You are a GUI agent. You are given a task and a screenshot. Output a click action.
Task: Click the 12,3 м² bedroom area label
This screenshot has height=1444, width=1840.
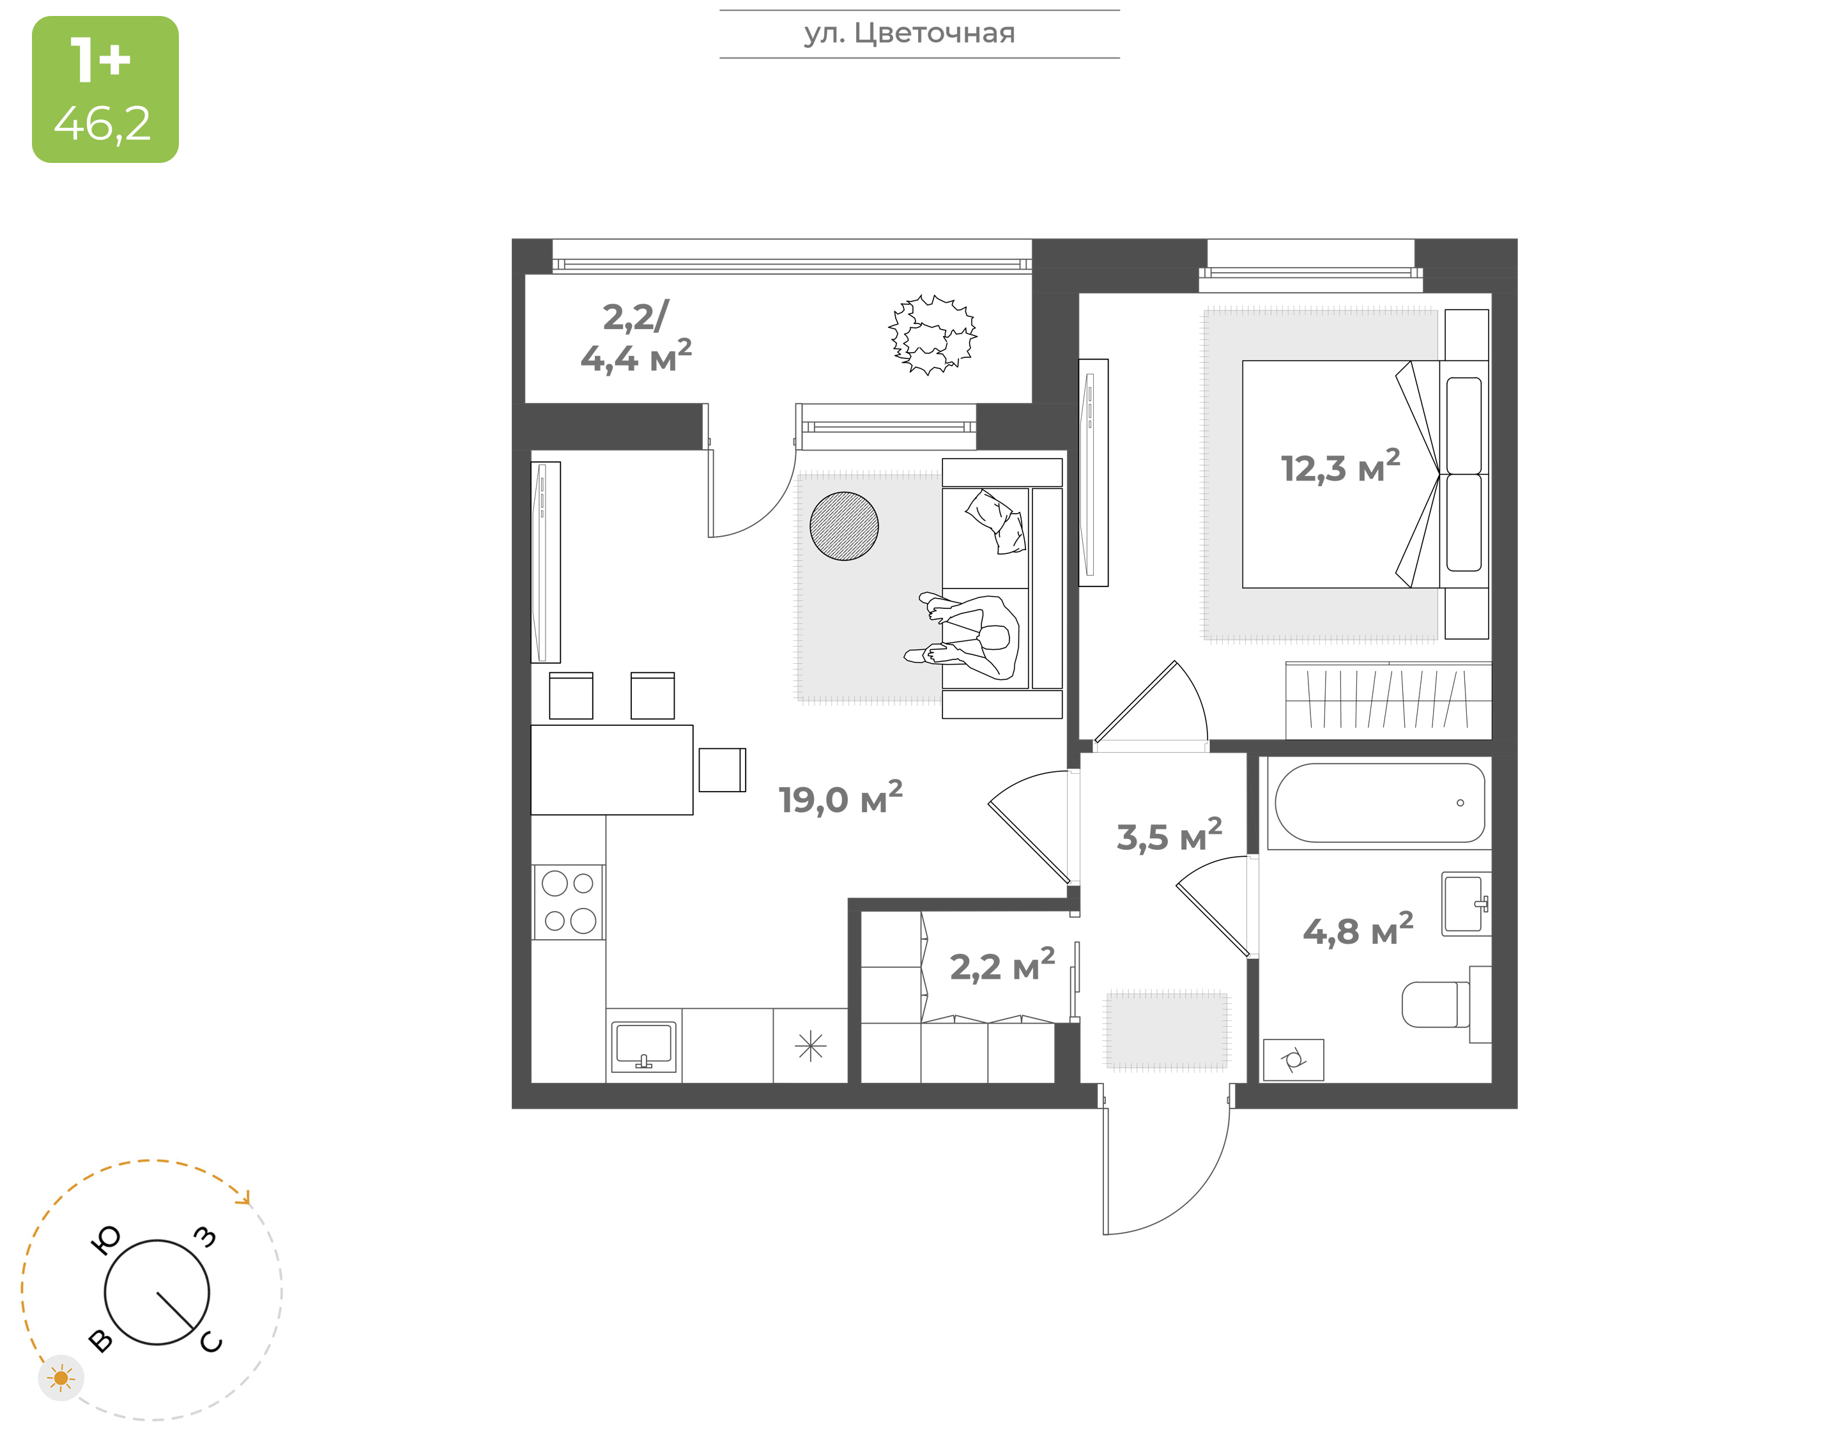(x=1340, y=466)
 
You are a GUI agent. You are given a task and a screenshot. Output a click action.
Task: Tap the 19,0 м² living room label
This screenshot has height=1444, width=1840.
(x=840, y=798)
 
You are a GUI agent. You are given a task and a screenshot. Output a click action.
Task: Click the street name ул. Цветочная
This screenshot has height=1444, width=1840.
(x=909, y=33)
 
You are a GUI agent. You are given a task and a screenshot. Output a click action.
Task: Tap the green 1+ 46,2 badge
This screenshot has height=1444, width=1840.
(x=105, y=89)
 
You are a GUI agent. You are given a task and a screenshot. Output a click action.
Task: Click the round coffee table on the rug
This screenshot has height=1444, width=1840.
(x=843, y=526)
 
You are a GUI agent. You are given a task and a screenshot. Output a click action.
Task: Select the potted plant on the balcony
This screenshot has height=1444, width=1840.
(x=932, y=334)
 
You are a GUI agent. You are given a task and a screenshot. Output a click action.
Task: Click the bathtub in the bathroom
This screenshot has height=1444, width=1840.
(x=1379, y=803)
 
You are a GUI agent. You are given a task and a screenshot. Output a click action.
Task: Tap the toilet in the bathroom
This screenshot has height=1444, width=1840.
(x=1445, y=1004)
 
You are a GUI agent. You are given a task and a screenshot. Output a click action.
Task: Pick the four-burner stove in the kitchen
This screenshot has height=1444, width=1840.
(x=568, y=902)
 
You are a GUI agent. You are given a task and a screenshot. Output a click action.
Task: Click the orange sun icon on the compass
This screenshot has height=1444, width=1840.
(x=61, y=1378)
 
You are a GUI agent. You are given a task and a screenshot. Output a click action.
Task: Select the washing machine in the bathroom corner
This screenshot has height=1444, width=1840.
(x=1293, y=1059)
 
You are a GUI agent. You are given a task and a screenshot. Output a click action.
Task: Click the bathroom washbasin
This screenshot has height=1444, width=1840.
(x=1466, y=903)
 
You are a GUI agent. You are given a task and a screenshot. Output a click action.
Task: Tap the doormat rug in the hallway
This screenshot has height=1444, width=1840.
(x=1167, y=1030)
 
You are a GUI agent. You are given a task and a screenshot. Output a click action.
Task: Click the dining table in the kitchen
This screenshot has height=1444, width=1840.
(x=612, y=769)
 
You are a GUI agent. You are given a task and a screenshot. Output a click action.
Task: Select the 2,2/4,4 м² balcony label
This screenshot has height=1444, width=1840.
(x=636, y=337)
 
